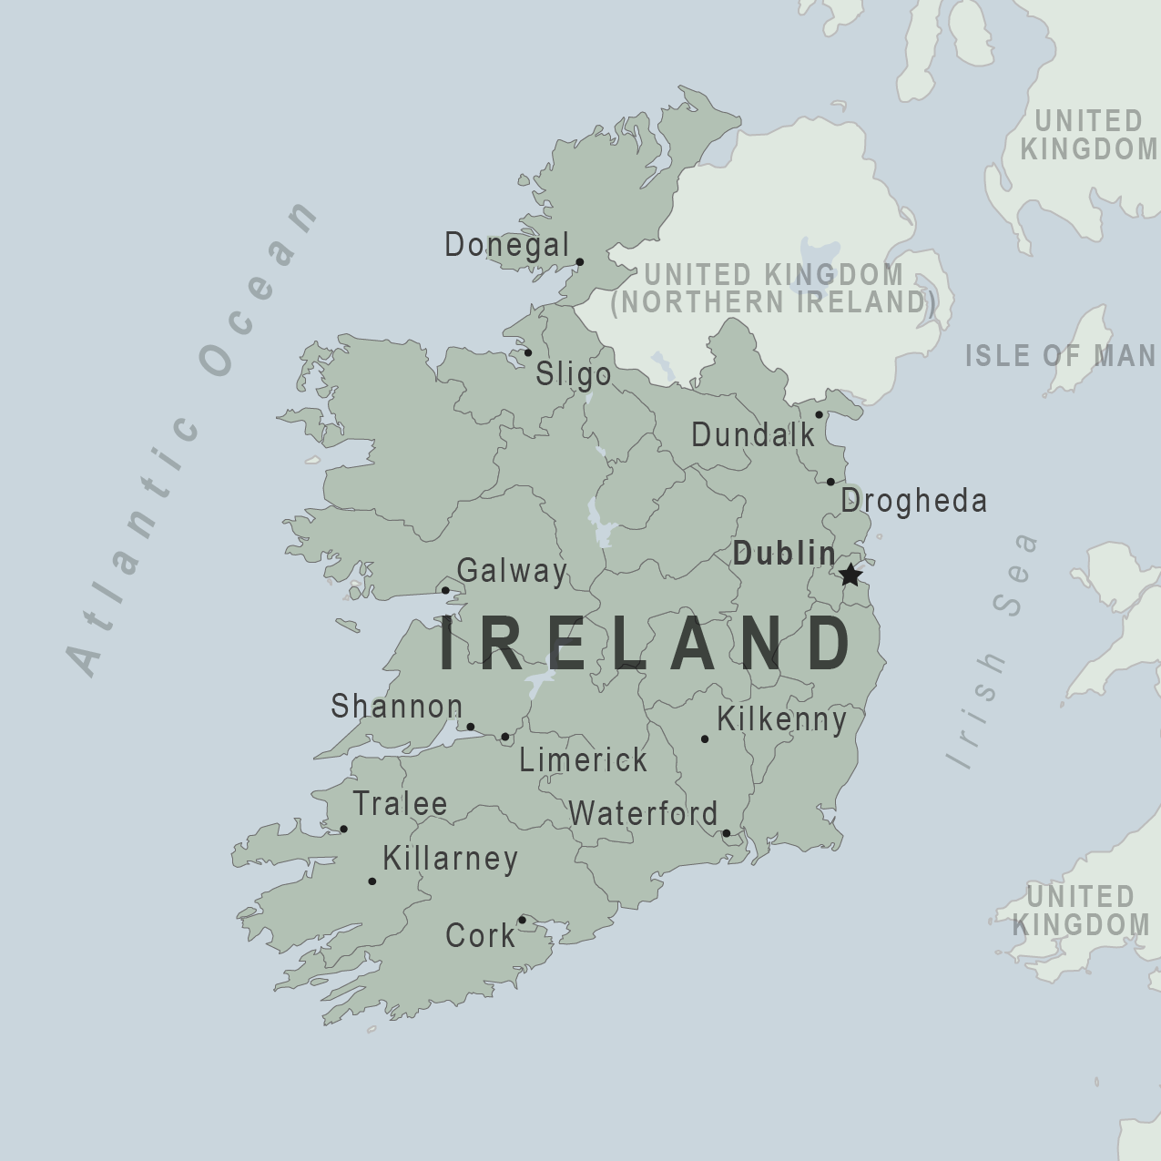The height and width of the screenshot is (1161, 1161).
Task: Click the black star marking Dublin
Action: (850, 575)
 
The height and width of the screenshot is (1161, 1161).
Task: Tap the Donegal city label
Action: (506, 245)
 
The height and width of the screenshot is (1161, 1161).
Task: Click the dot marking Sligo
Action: (527, 352)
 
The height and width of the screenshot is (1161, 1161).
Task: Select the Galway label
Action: (512, 571)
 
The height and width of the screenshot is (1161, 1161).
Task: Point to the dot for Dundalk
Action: (819, 414)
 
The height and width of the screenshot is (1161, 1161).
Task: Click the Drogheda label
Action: (913, 501)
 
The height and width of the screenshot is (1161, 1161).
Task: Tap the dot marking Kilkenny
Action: (704, 738)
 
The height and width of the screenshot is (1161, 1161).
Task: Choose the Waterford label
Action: (643, 813)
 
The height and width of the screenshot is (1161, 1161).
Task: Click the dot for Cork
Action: (522, 920)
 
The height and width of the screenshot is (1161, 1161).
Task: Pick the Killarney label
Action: (450, 859)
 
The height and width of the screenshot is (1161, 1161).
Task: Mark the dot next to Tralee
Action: (343, 829)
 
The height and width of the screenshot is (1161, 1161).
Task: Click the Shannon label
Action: (396, 707)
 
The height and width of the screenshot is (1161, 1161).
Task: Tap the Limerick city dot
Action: (505, 737)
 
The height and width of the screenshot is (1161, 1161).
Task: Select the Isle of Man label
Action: (1060, 356)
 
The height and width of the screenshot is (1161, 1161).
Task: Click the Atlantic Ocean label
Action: (191, 437)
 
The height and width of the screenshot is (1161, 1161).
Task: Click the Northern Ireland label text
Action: (773, 301)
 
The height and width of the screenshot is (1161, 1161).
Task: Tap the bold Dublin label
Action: (784, 554)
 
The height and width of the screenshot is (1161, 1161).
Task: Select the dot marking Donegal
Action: (579, 262)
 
